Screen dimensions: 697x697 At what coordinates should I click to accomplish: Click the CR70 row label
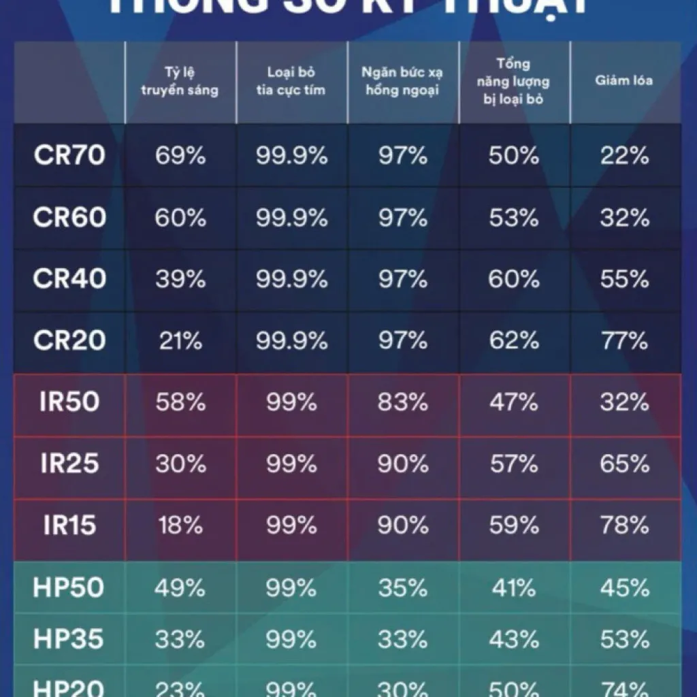[69, 156]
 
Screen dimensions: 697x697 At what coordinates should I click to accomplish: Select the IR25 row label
[69, 464]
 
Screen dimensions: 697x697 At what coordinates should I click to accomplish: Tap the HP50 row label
[69, 588]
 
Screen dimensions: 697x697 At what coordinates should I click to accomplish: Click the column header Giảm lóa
[624, 80]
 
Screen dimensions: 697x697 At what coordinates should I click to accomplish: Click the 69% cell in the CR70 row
[180, 156]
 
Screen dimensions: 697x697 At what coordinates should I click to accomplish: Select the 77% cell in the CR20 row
[624, 340]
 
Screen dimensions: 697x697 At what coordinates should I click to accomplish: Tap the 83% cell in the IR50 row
[402, 402]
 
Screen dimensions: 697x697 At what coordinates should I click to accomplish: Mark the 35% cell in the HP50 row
[402, 588]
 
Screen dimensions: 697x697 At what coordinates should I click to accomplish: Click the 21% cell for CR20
[180, 340]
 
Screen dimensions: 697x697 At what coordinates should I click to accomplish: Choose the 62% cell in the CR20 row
[513, 340]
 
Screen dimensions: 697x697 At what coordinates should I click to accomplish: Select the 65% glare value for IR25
[624, 464]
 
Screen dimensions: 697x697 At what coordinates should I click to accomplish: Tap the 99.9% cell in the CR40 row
[291, 279]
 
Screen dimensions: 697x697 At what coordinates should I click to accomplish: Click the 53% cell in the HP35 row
[624, 639]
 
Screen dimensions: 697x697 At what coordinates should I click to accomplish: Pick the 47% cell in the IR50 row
[513, 402]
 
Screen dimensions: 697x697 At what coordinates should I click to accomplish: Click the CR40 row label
[69, 279]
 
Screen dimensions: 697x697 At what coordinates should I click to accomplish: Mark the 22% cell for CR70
[624, 156]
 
